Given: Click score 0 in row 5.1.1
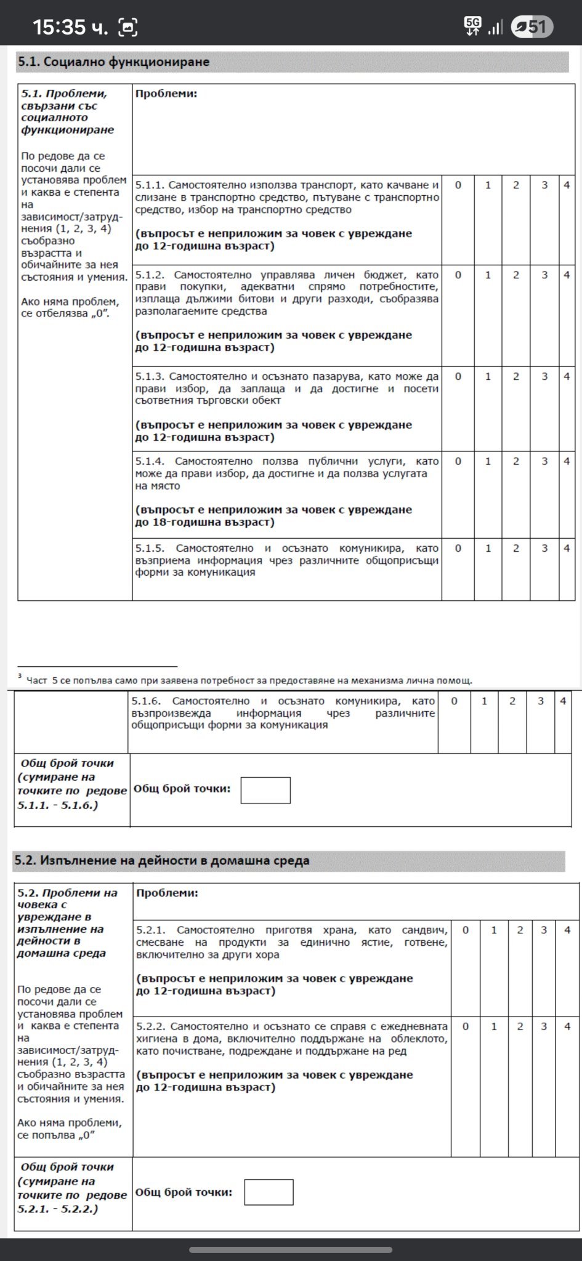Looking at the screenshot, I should tap(458, 185).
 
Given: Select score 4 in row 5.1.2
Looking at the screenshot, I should tap(566, 275).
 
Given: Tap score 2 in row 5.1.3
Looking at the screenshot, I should tap(516, 376).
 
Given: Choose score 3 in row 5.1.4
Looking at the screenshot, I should tap(544, 461).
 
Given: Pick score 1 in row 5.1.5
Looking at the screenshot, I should tap(488, 548).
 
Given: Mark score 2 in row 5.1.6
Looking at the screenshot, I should tap(512, 701).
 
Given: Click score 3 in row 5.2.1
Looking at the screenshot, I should tap(544, 930).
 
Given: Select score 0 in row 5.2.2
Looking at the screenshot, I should tap(466, 1026).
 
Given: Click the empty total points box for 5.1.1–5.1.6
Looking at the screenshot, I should tap(265, 790).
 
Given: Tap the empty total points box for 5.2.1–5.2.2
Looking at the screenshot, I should tap(269, 1192).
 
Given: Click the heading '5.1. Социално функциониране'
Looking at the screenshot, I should tap(114, 62).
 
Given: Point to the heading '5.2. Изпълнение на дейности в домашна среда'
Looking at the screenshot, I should tap(161, 860).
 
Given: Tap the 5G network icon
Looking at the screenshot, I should tap(472, 25).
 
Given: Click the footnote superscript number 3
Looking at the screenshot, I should tap(20, 677).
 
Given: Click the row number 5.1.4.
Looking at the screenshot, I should tap(150, 461).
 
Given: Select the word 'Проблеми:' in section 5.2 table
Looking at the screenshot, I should tap(167, 893).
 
